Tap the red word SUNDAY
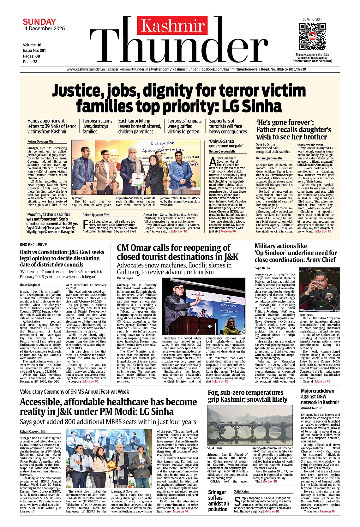coord(39,22)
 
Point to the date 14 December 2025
coord(44,29)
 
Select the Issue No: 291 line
coord(34,51)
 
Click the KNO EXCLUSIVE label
coord(33,245)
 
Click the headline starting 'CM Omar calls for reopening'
coord(178,252)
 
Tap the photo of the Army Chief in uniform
coord(320,289)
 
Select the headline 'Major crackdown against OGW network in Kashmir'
coord(320,397)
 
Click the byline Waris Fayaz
coord(125,278)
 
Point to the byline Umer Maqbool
coord(30,285)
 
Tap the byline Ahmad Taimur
coord(311,408)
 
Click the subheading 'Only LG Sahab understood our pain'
coord(226,144)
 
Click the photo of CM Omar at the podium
coord(203,306)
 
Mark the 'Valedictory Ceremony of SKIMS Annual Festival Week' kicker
coord(74,392)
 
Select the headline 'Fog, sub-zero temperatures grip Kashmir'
coord(248,396)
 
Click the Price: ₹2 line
coord(30,62)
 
